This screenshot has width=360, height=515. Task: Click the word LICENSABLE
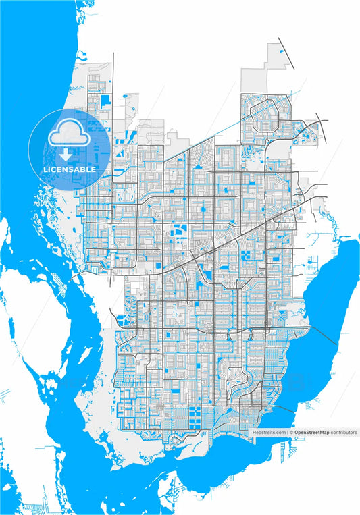(x=70, y=169)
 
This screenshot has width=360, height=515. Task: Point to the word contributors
(x=344, y=432)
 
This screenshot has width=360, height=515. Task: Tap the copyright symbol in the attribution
(x=292, y=432)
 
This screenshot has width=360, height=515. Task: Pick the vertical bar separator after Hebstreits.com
(x=287, y=432)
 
